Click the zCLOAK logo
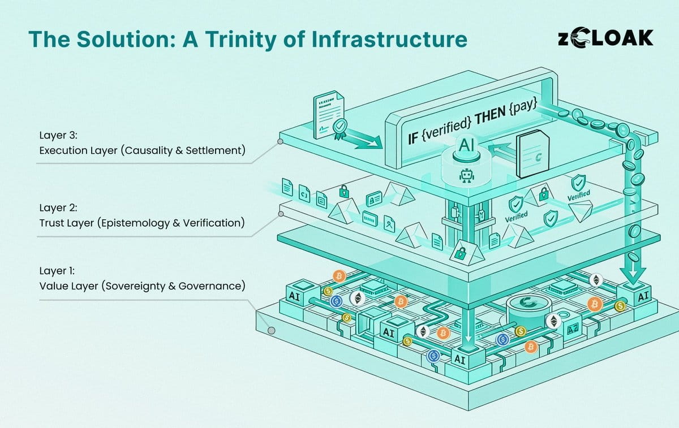click(x=605, y=38)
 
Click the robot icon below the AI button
click(x=466, y=177)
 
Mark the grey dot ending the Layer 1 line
click(x=272, y=331)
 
